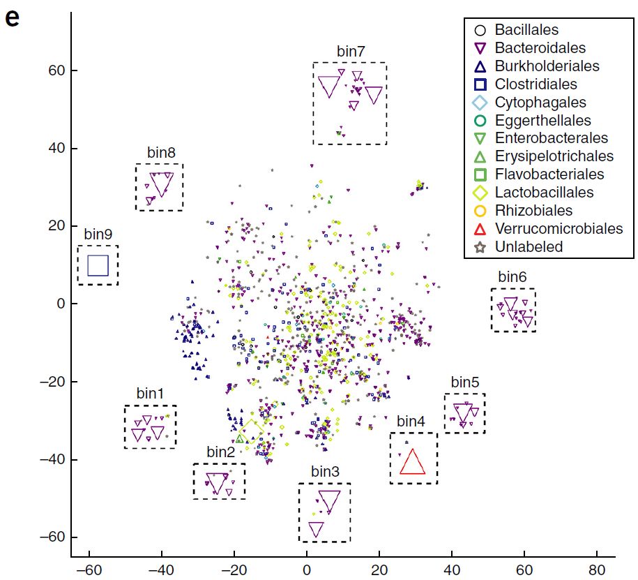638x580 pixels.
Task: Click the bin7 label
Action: point(350,52)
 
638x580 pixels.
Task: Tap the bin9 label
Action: point(98,235)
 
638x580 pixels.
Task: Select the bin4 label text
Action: point(411,422)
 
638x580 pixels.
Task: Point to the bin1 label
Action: point(150,394)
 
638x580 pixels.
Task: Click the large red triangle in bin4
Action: point(412,463)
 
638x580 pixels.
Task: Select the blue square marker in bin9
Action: point(98,266)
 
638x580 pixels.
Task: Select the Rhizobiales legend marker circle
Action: point(479,211)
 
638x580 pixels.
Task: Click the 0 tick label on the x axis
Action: point(307,568)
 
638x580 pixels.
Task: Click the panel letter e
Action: point(12,17)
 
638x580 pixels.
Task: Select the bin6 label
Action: point(513,277)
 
